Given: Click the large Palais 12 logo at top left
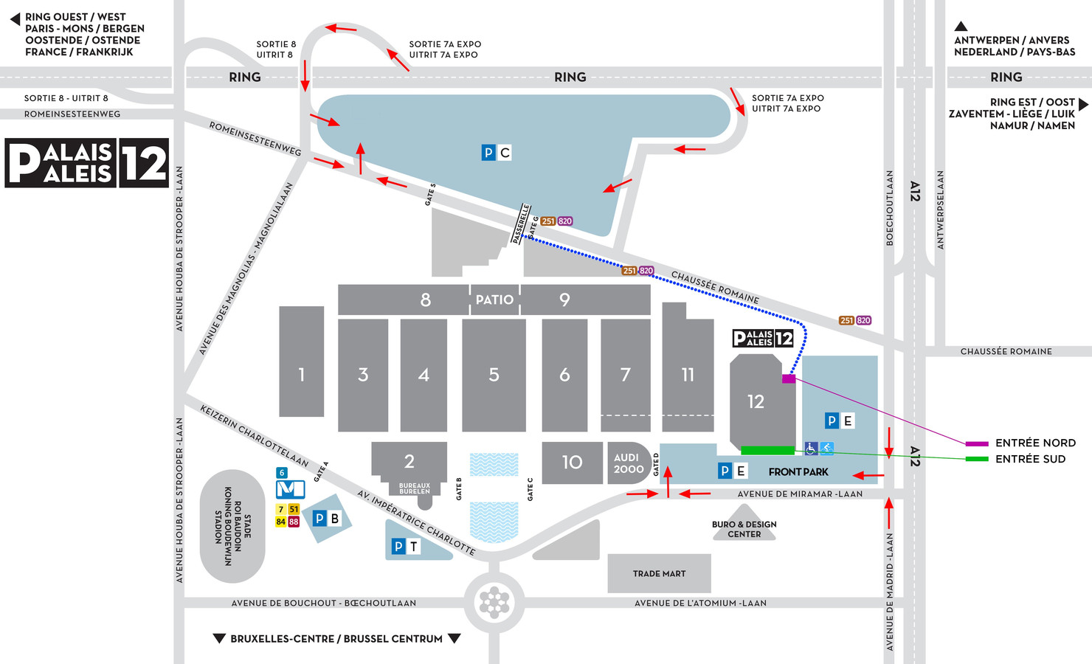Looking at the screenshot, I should [x=87, y=162].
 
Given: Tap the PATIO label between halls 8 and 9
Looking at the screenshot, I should [x=494, y=300].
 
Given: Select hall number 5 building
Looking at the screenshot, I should [x=494, y=375].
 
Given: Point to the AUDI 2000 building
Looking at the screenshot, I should [x=629, y=463].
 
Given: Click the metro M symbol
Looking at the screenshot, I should [x=290, y=489].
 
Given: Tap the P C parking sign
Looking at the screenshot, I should [x=496, y=153].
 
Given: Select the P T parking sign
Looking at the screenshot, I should [x=406, y=546].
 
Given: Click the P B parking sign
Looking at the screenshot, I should [x=326, y=519].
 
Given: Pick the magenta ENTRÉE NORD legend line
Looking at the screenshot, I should [x=977, y=443].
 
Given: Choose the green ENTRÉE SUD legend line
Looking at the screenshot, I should [x=977, y=459].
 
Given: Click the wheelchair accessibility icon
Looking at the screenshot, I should [x=811, y=449].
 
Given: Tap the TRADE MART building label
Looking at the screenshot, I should [x=659, y=573].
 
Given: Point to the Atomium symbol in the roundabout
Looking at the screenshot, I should [x=494, y=602].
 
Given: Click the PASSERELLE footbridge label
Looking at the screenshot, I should [x=521, y=224].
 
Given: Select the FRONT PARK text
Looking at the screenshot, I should [x=798, y=471].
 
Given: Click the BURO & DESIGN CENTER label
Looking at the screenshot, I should [x=744, y=529].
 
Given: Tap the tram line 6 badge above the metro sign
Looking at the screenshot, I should [x=281, y=473].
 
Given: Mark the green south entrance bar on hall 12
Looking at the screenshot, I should [x=767, y=450].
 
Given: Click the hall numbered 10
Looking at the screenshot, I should [x=572, y=463].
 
